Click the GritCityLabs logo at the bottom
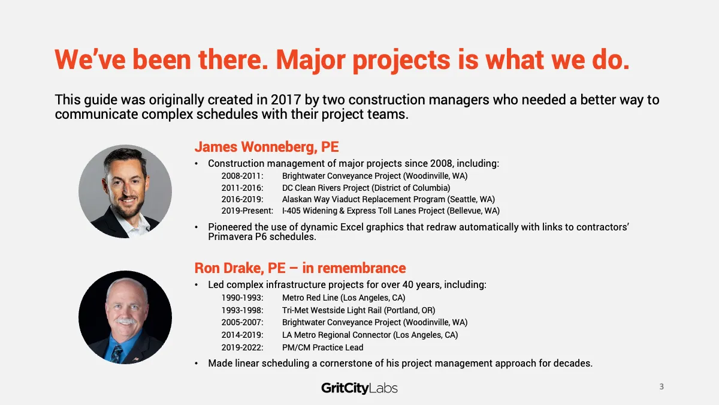tap(359, 388)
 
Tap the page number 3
tap(661, 386)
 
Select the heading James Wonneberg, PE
tap(267, 147)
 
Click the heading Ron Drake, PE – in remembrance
tap(300, 268)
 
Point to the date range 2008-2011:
tap(242, 176)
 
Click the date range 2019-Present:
tap(247, 211)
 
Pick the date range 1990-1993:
tap(242, 298)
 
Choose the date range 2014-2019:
tap(242, 335)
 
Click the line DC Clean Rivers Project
tap(366, 188)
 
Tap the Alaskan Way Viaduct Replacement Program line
tap(388, 199)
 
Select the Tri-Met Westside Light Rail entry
tap(358, 310)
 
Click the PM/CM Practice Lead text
tap(322, 347)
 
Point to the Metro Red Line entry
tap(343, 298)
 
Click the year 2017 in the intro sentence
tap(286, 100)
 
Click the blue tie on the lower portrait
tap(116, 354)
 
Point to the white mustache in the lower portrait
tap(126, 321)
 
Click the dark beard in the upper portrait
tap(128, 208)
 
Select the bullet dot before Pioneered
tap(197, 227)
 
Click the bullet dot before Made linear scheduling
tap(197, 364)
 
